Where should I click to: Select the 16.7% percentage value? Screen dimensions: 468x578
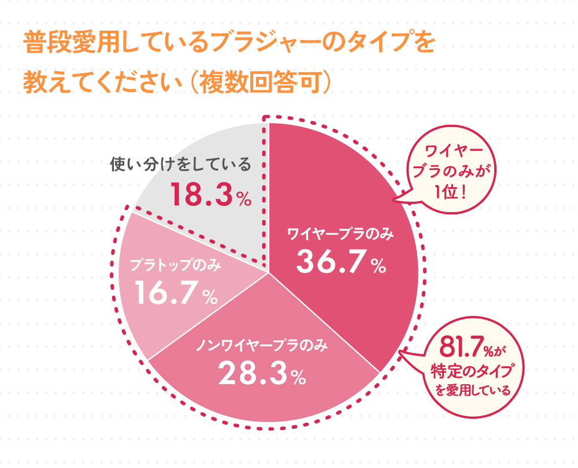176,294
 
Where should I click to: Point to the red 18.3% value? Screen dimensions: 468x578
210,195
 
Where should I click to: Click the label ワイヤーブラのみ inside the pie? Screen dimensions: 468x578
341,234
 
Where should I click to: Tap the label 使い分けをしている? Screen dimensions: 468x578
181,165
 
